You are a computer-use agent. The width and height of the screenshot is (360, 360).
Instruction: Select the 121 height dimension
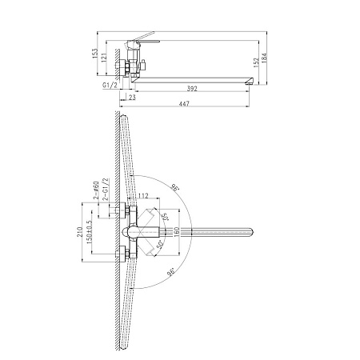tap(104, 58)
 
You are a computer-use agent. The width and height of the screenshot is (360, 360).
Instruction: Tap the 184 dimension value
tap(264, 58)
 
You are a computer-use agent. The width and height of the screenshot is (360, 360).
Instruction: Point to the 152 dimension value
tap(256, 62)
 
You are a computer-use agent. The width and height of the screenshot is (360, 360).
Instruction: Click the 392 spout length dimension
tap(192, 89)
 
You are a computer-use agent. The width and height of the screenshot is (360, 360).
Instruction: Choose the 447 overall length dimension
tap(184, 103)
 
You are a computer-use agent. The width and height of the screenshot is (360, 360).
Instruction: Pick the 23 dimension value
tap(132, 98)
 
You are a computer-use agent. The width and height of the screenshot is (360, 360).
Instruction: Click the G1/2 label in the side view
tap(110, 85)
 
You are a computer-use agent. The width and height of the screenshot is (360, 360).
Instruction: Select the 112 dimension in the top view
tap(143, 196)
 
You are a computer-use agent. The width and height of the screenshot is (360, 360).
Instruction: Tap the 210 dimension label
tap(79, 232)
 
